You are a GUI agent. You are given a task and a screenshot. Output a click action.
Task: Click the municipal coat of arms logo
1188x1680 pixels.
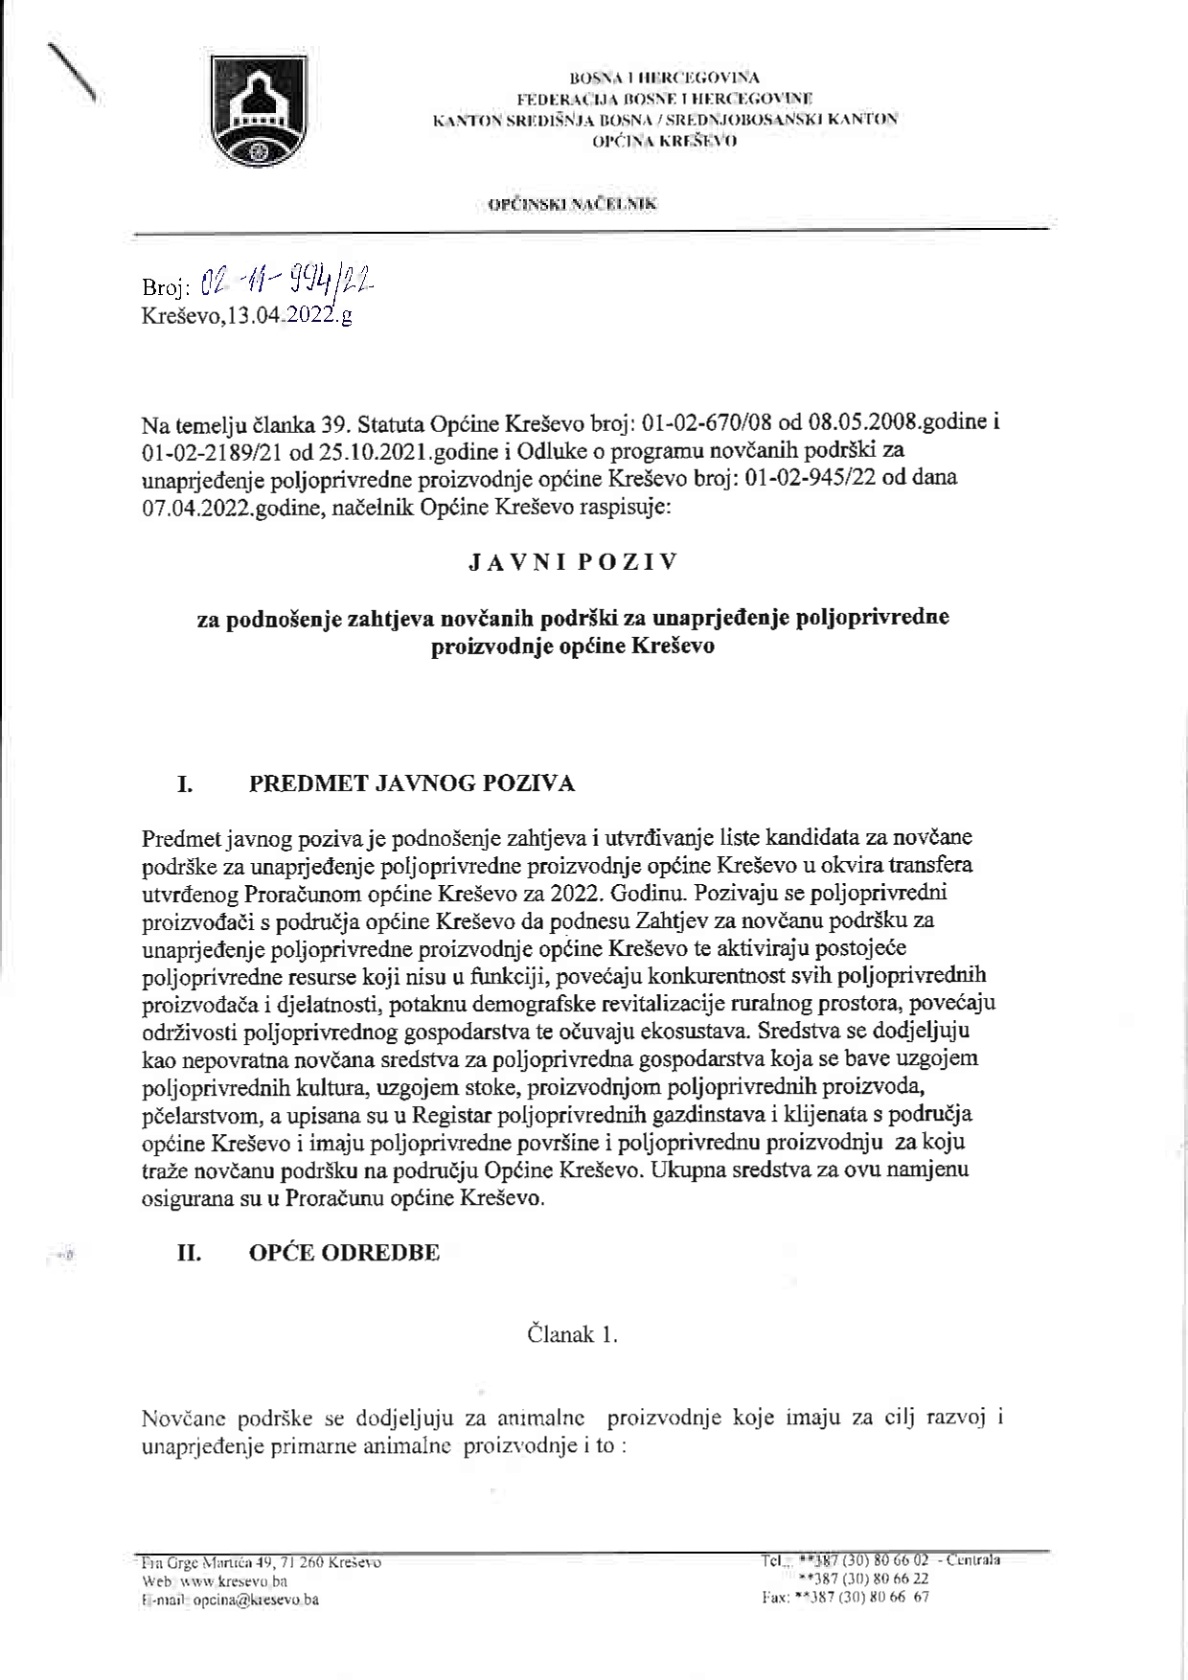(258, 112)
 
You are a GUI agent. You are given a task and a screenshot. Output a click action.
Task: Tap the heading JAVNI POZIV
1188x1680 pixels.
(573, 562)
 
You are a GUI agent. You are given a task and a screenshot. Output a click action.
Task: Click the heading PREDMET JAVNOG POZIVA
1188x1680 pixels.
(412, 783)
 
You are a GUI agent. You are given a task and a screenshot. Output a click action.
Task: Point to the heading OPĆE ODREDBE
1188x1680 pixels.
(344, 1253)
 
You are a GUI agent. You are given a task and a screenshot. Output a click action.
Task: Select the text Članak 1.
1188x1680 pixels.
(572, 1334)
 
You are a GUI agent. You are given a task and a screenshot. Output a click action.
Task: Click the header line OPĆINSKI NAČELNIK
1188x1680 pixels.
(572, 204)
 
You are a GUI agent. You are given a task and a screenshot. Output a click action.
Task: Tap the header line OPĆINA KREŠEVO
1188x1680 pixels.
(664, 141)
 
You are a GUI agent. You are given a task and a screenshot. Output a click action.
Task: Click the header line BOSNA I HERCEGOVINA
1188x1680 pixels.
(664, 78)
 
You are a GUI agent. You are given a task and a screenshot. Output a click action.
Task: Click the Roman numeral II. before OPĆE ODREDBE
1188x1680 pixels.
(189, 1253)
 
